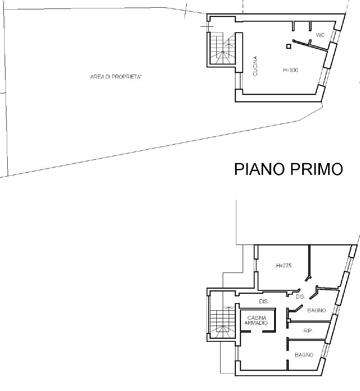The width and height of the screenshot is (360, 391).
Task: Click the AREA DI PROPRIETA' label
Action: pyautogui.click(x=116, y=77)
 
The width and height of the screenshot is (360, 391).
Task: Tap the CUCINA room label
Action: pyautogui.click(x=255, y=66)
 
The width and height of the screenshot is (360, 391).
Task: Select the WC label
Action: pyautogui.click(x=320, y=35)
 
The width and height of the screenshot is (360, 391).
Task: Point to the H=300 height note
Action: pyautogui.click(x=291, y=70)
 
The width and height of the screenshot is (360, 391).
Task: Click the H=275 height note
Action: pyautogui.click(x=284, y=266)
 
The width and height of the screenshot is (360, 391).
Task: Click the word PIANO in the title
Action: pyautogui.click(x=259, y=169)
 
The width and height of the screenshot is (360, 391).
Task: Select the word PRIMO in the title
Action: pyautogui.click(x=316, y=169)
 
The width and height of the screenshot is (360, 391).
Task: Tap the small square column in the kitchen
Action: pyautogui.click(x=289, y=46)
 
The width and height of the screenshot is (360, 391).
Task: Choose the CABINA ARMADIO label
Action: pyautogui.click(x=257, y=321)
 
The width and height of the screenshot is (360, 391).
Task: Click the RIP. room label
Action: pyautogui.click(x=308, y=331)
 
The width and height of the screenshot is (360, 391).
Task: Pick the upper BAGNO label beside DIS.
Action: pyautogui.click(x=317, y=310)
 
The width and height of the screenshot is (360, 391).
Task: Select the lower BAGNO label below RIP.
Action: pyautogui.click(x=304, y=355)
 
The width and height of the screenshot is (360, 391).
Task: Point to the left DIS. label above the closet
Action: pyautogui.click(x=264, y=301)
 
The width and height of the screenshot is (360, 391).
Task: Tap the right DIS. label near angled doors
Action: pyautogui.click(x=300, y=297)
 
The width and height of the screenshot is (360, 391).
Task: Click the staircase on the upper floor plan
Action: pyautogui.click(x=222, y=49)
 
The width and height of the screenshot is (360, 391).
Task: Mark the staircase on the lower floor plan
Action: pyautogui.click(x=222, y=322)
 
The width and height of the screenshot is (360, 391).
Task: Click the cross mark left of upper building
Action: pyautogui.click(x=207, y=26)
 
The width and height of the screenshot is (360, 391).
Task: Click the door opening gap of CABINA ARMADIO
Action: pyautogui.click(x=257, y=332)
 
